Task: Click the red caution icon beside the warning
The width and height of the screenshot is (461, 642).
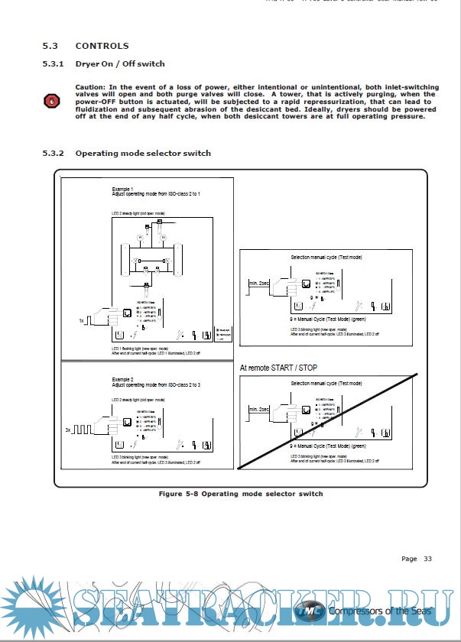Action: tap(52, 100)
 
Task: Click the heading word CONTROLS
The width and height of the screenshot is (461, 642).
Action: tap(102, 46)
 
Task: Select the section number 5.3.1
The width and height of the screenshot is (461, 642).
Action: tap(54, 63)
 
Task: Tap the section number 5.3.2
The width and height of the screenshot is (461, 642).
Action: tap(54, 153)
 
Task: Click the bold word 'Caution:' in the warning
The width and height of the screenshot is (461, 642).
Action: tap(91, 87)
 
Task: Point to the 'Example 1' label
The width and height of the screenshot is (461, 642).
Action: tap(122, 188)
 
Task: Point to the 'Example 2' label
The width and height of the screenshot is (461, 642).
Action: tap(122, 378)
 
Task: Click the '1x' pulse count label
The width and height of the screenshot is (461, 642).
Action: tap(81, 321)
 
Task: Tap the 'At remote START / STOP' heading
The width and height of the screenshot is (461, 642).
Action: tap(278, 368)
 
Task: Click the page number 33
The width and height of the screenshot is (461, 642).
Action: tap(428, 559)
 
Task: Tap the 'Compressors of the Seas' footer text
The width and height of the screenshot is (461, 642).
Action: tap(381, 611)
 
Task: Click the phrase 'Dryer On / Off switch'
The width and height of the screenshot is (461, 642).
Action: tap(120, 63)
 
